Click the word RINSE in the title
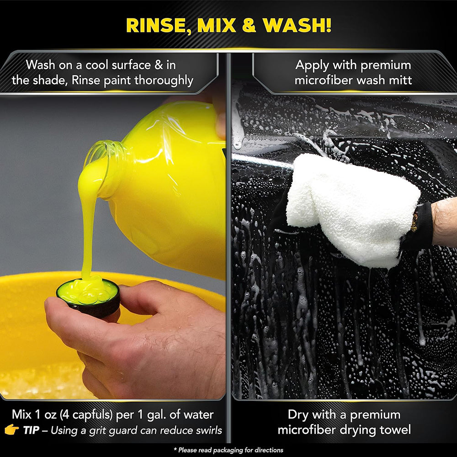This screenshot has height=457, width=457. point(158,26)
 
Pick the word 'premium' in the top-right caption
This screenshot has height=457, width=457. point(386,65)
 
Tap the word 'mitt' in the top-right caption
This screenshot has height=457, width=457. point(400,80)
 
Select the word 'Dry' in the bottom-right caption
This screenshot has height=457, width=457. point(299,415)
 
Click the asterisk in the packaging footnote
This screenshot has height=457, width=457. point(175,449)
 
